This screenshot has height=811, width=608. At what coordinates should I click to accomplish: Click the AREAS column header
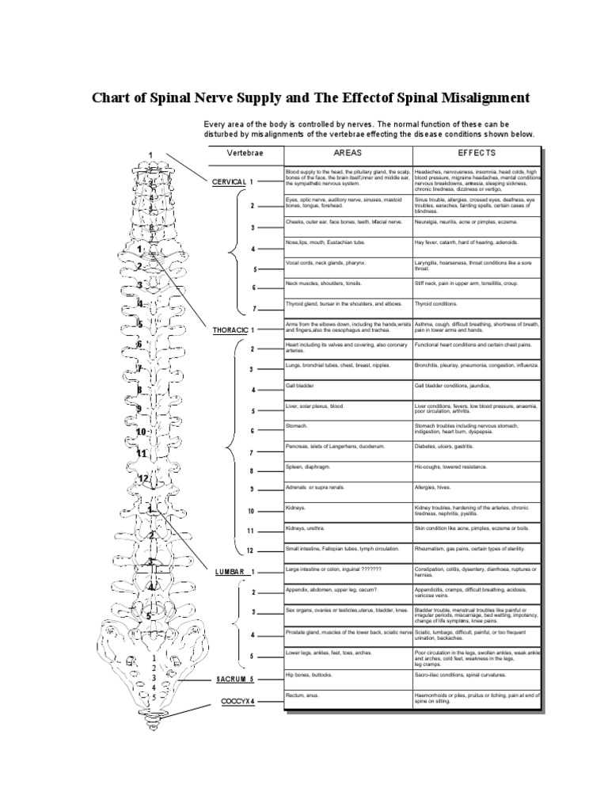[x=347, y=152]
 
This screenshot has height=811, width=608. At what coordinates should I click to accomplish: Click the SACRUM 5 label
[x=236, y=679]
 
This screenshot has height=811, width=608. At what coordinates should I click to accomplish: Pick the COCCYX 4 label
[x=238, y=701]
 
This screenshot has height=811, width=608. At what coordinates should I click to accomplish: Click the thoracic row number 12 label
[x=250, y=550]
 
